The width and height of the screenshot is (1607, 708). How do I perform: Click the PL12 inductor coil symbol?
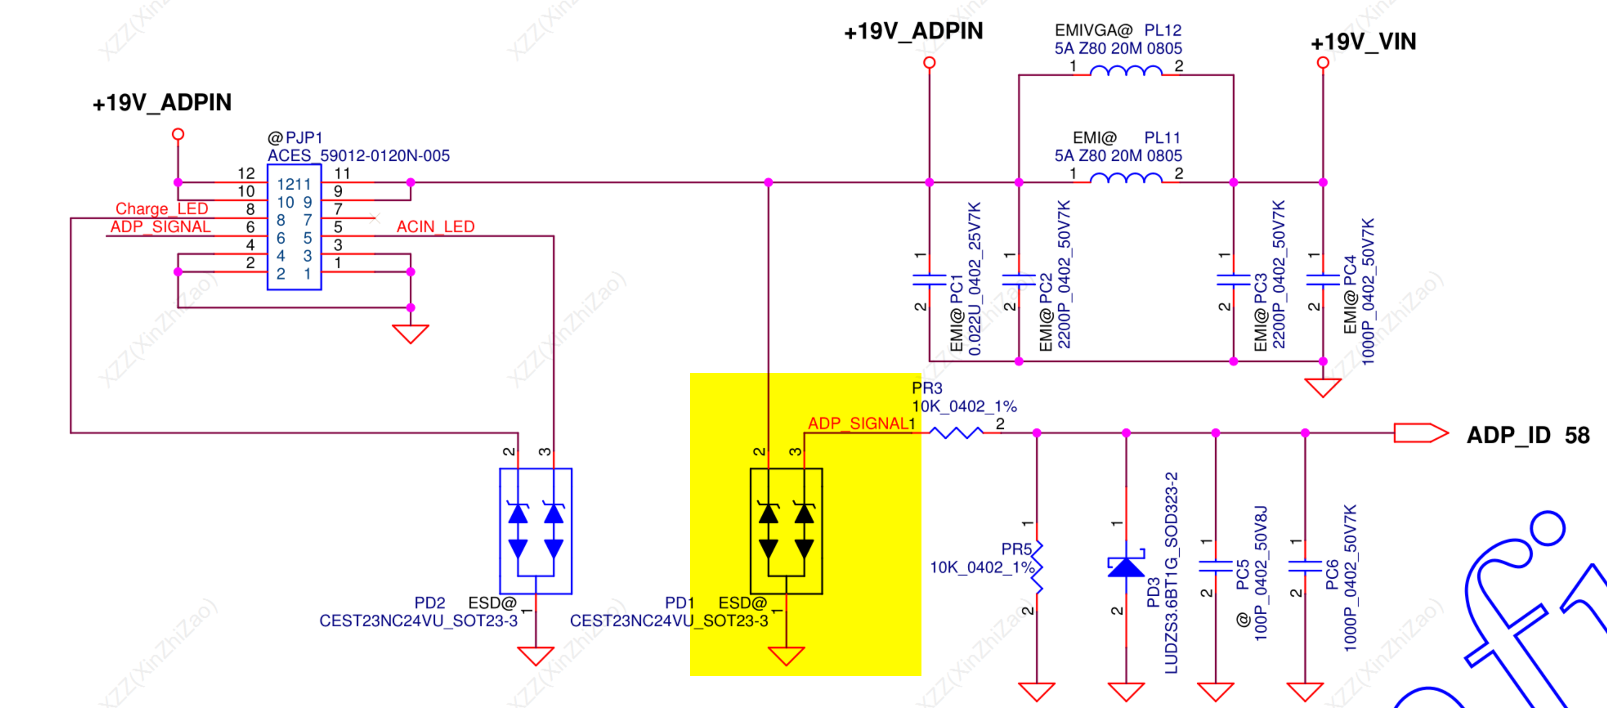click(1125, 72)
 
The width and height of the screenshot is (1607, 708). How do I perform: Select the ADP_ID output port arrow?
click(1421, 433)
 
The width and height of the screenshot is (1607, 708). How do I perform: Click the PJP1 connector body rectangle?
click(294, 227)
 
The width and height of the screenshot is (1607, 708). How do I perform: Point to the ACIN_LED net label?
click(435, 226)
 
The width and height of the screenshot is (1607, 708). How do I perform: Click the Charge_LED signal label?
click(162, 208)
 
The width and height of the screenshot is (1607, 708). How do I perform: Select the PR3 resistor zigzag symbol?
click(956, 432)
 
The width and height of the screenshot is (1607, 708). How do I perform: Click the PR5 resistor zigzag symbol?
click(1037, 567)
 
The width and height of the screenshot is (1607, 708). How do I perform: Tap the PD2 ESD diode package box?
click(536, 531)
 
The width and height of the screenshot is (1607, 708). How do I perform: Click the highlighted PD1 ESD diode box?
click(786, 531)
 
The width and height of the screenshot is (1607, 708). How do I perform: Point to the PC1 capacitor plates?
click(930, 280)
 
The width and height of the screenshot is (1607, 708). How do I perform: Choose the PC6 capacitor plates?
click(1305, 566)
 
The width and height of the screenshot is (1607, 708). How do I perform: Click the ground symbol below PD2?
click(536, 656)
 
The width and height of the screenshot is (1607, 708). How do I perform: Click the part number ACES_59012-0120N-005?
click(359, 155)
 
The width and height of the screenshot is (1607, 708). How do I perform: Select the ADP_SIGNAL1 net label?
click(861, 423)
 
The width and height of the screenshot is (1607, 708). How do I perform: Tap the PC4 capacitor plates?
click(1323, 280)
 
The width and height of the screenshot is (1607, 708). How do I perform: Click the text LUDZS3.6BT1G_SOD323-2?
click(1171, 573)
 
